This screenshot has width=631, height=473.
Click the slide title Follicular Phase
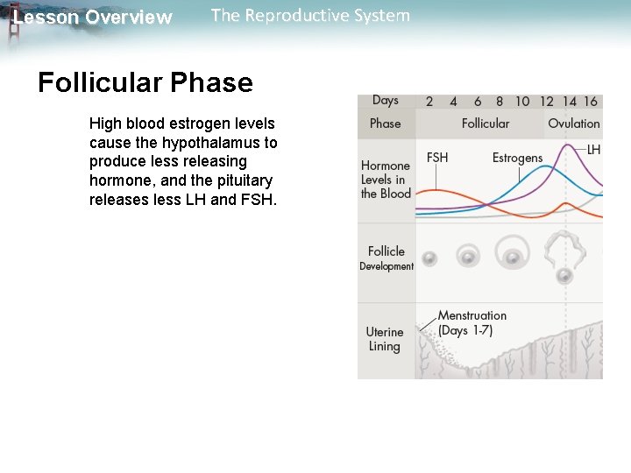pos(145,83)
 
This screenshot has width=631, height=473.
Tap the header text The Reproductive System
pos(310,16)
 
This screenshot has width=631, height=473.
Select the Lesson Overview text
pos(93,18)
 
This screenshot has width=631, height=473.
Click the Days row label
pos(385,101)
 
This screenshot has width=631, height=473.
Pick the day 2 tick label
pos(429,102)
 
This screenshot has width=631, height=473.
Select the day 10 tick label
pos(522,102)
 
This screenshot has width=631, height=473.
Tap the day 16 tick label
pos(591,102)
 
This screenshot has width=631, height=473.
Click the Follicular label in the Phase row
pos(485,124)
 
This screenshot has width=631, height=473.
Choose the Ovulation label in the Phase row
pos(574,124)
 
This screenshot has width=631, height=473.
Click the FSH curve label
pos(437,158)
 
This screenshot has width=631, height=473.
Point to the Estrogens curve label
pos(517,158)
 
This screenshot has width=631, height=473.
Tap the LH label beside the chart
pos(593,150)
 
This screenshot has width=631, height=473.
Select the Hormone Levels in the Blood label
pos(386,180)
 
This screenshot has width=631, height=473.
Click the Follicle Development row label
pos(386,258)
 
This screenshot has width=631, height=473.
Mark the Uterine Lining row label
pos(385,339)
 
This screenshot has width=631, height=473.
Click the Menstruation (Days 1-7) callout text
pos(471,322)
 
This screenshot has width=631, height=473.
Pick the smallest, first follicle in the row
pos(429,258)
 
